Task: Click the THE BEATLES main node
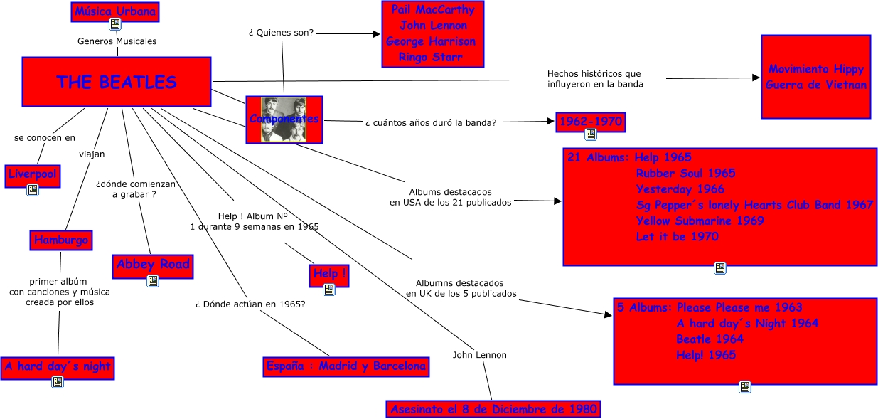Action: click(x=117, y=82)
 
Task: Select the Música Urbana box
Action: click(x=115, y=11)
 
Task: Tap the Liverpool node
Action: click(x=33, y=175)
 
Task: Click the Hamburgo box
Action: click(x=61, y=240)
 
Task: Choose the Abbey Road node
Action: click(x=153, y=265)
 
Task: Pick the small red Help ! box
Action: click(x=330, y=274)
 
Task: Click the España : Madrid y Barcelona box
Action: click(x=346, y=366)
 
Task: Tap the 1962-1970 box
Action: click(x=590, y=122)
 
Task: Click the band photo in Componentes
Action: click(x=284, y=119)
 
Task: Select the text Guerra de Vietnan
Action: click(x=816, y=85)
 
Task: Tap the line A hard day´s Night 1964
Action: click(x=746, y=323)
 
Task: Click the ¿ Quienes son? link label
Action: click(x=282, y=33)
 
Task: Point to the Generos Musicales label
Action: click(x=117, y=41)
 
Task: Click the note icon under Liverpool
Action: click(x=33, y=190)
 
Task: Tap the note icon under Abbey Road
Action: click(x=153, y=281)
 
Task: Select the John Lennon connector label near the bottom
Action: click(x=480, y=354)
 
